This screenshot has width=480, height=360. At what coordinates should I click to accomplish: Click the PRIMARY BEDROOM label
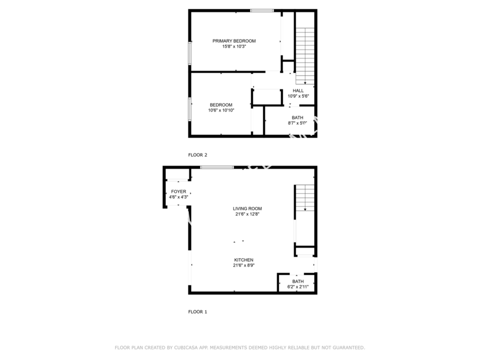(234, 41)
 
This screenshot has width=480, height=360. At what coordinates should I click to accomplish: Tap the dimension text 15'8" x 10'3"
(234, 46)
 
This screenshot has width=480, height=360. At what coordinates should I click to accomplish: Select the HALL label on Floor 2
(298, 91)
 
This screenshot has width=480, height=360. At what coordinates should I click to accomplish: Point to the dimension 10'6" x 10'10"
(221, 110)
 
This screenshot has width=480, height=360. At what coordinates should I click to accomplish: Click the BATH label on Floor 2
(298, 117)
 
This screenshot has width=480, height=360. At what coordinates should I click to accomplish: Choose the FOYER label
(179, 191)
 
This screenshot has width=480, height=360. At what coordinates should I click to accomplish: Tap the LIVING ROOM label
(247, 209)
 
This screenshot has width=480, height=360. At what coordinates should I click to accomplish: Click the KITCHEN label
(244, 260)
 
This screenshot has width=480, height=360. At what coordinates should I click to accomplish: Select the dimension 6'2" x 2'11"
(298, 287)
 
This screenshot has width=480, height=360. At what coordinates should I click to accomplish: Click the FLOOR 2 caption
(198, 155)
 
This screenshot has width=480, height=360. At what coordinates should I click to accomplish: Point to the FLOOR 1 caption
(198, 312)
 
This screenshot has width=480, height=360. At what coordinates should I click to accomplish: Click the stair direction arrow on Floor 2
(305, 83)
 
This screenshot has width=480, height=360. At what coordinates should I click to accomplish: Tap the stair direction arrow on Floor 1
(305, 210)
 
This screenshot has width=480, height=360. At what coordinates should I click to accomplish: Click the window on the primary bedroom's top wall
(262, 11)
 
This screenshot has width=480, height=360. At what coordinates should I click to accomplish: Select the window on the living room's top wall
(217, 167)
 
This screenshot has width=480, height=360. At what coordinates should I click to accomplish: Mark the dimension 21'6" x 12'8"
(247, 214)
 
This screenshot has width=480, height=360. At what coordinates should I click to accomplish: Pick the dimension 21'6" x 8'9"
(244, 266)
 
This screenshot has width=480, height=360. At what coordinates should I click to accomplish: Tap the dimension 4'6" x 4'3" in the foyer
(179, 197)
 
